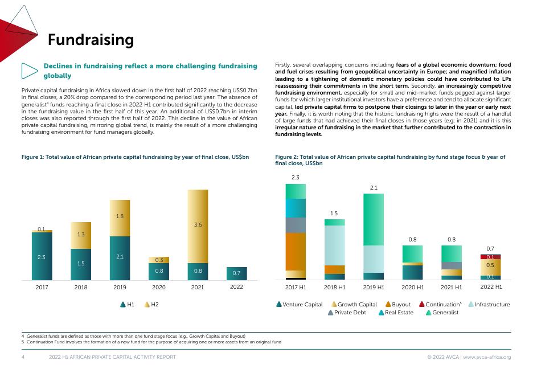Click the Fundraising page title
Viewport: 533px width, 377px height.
[91, 40]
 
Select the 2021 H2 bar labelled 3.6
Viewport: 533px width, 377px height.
[198, 226]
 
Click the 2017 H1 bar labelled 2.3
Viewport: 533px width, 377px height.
[42, 257]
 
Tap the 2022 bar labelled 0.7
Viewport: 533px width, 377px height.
[236, 273]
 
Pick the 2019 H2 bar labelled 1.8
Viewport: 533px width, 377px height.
[120, 218]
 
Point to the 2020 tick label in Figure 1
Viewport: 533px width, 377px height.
[159, 287]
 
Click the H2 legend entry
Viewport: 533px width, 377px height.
[151, 305]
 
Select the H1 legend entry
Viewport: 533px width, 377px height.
[127, 305]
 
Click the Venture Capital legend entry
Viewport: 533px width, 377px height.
[299, 305]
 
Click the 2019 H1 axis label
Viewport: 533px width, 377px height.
[374, 287]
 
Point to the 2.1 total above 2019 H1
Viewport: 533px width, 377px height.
[374, 187]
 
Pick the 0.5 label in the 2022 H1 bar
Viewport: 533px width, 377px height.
[490, 265]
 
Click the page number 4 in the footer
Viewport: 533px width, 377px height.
[23, 357]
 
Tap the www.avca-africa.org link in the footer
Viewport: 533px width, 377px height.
[487, 357]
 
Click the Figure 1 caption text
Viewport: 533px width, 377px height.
[134, 156]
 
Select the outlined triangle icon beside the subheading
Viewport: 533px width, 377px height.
[29, 70]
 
